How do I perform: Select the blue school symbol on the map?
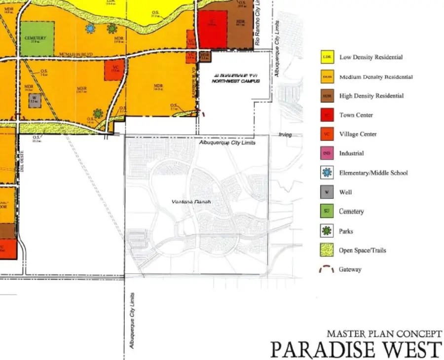(x=90, y=29)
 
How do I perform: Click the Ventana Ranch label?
(x=191, y=202)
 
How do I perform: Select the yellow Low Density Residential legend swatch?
(x=327, y=57)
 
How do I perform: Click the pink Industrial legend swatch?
(x=327, y=153)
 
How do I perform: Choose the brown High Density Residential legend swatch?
(x=327, y=96)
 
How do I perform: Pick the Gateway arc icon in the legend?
(x=327, y=270)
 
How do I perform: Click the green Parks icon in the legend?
(x=327, y=231)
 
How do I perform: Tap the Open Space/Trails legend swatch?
(x=327, y=250)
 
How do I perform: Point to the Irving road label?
(x=285, y=135)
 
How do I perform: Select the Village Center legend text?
(x=358, y=134)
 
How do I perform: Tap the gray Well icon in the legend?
(x=327, y=192)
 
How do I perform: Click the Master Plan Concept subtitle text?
(x=383, y=334)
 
